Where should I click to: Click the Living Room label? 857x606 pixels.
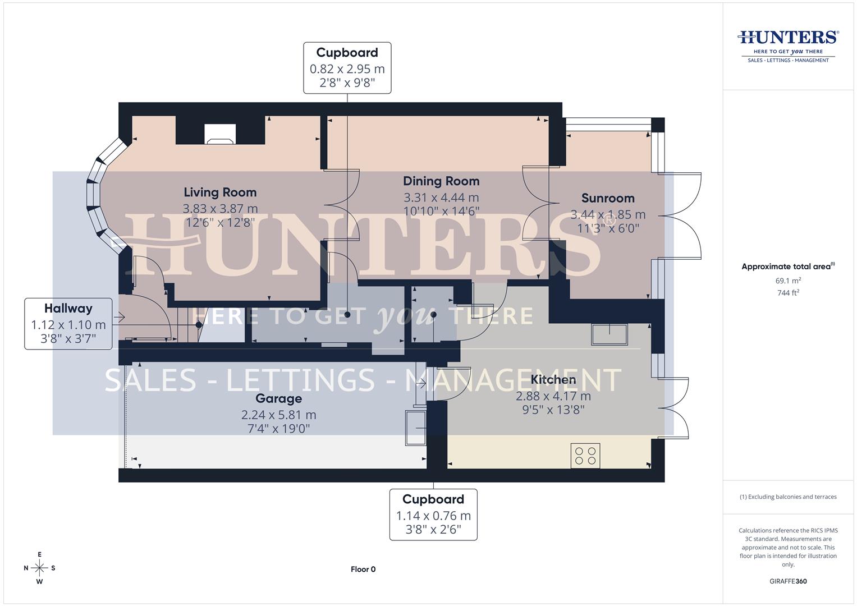coord(220,192)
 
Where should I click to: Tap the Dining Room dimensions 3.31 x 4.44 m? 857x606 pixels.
coord(441,198)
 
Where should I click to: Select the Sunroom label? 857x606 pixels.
coord(608,198)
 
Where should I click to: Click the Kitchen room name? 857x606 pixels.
coord(553,380)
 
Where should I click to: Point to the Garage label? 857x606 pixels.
coord(278,398)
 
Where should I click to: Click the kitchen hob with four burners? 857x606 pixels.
coord(585,455)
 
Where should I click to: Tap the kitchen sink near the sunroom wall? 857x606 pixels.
coord(609,334)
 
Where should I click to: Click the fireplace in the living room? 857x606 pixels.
coord(220,134)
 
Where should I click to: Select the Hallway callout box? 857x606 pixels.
coord(68,324)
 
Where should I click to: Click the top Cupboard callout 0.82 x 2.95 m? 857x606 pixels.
coord(347,68)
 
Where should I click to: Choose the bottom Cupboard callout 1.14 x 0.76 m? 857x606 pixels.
coord(433,515)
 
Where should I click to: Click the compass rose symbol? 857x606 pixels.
coord(39,568)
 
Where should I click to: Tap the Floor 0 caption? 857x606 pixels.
coord(363,569)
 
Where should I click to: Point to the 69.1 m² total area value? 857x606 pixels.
coord(788,281)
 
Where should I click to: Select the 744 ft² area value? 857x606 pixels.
coord(788,292)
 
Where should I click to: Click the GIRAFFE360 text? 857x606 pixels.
coord(788,581)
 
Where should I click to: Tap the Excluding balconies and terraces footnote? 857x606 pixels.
coord(788,497)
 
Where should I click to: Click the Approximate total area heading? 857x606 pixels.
coord(787,267)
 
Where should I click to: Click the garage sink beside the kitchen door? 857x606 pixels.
coord(415,428)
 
